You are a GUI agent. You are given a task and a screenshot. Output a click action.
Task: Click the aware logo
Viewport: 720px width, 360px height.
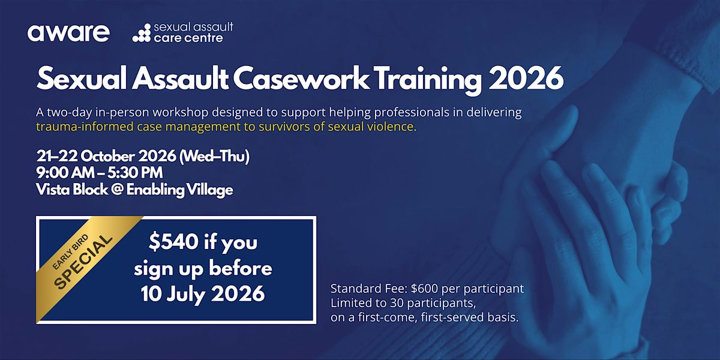click(x=68, y=33)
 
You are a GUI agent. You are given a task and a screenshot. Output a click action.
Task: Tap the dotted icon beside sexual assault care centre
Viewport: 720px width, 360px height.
click(x=142, y=33)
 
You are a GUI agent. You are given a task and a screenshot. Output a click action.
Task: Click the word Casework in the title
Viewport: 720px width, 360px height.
click(x=301, y=79)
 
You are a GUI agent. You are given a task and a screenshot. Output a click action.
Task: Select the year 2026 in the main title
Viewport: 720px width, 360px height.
click(x=526, y=79)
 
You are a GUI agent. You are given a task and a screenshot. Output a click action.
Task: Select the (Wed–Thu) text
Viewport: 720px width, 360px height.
click(x=214, y=157)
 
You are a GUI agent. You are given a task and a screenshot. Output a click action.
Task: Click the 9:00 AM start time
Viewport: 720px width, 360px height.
click(x=64, y=173)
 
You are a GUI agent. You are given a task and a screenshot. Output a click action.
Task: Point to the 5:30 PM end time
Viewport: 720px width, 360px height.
click(x=135, y=173)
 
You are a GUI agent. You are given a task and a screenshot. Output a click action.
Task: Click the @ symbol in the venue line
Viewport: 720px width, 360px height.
click(x=117, y=190)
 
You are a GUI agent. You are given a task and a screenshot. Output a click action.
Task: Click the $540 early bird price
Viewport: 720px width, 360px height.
click(x=173, y=242)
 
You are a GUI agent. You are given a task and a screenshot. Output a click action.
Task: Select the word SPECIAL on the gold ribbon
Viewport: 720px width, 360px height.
click(x=83, y=262)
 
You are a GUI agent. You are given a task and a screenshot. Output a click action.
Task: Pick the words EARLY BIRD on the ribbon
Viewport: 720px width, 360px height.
click(x=70, y=252)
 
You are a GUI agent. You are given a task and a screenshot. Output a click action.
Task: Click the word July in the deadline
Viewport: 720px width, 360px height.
click(x=185, y=294)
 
